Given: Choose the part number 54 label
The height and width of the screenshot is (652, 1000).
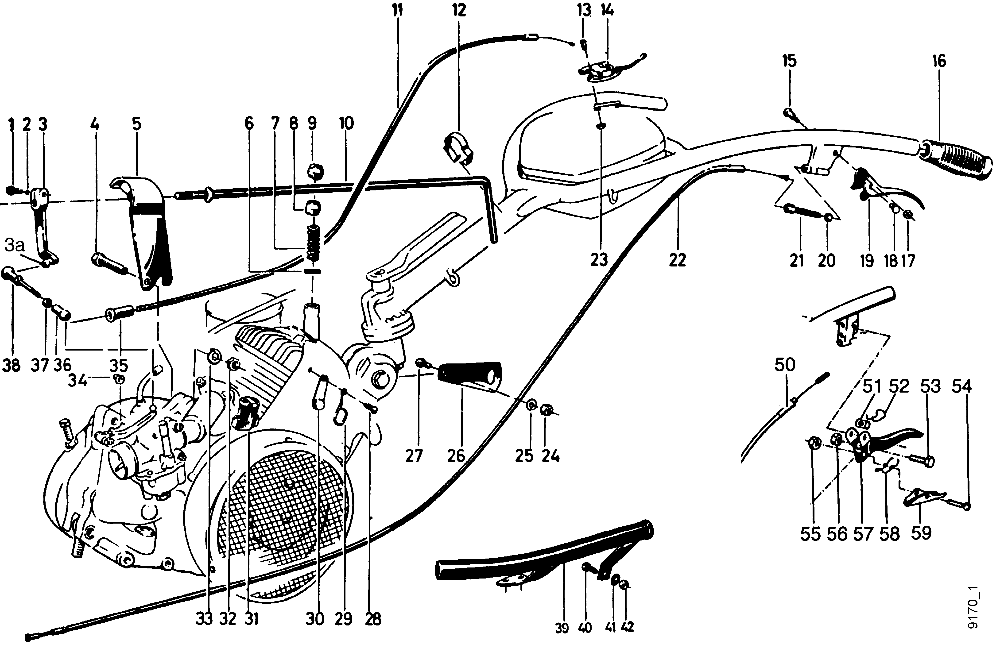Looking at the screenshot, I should (962, 386).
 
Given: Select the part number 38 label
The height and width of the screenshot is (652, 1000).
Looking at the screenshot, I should (11, 365).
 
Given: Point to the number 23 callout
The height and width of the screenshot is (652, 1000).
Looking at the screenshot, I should (599, 260).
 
